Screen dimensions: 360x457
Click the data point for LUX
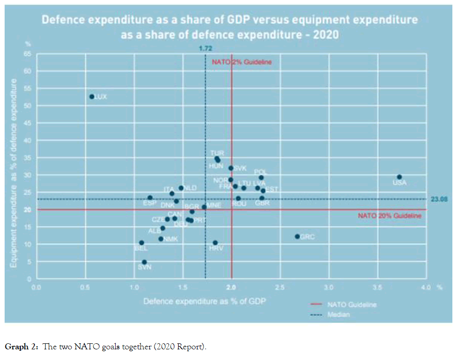[x=92, y=97]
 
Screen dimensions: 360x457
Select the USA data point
[x=399, y=177]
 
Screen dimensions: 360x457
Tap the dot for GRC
[x=297, y=236]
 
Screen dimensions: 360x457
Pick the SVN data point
[x=144, y=262]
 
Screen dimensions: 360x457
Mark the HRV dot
[x=215, y=242]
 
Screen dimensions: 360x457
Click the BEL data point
[x=142, y=242]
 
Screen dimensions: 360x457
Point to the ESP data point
[x=150, y=198]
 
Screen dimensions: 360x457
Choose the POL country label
[x=261, y=172]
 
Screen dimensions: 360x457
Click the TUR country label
[x=217, y=153]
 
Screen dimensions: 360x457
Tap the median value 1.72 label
[x=205, y=48]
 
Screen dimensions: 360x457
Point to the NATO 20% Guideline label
[x=389, y=216]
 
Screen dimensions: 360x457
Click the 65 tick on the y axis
[x=27, y=54]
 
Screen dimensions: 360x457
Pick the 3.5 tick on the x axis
[x=377, y=287]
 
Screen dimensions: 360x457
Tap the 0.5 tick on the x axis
[x=85, y=287]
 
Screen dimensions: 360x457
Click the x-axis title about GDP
[x=204, y=301]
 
